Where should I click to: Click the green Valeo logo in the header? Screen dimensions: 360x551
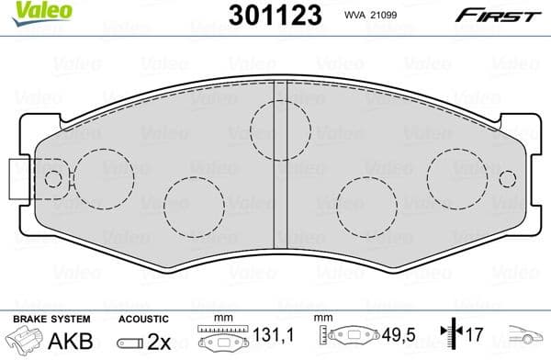point(29,10)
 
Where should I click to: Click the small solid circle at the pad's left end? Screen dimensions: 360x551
point(52,179)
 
